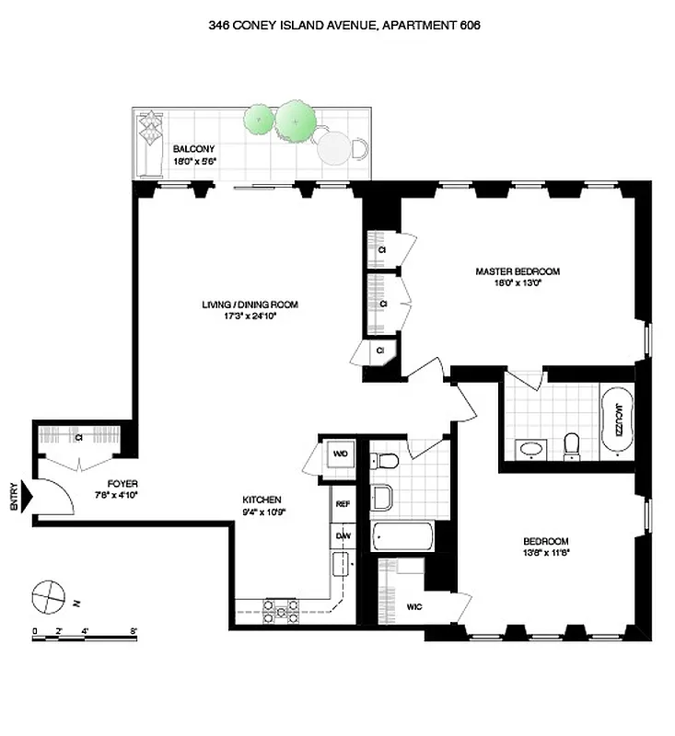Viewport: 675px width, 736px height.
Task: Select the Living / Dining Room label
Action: pyautogui.click(x=250, y=305)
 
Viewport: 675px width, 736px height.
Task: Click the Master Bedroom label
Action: pyautogui.click(x=517, y=271)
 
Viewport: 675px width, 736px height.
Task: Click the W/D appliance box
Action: pyautogui.click(x=338, y=454)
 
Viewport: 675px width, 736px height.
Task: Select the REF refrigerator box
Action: pyautogui.click(x=343, y=504)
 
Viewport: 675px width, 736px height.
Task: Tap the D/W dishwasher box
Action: pyautogui.click(x=343, y=535)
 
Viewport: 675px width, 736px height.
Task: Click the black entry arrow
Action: pyautogui.click(x=27, y=499)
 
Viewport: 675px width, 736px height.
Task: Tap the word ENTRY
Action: pyautogui.click(x=13, y=499)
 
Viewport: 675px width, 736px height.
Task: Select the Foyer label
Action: pyautogui.click(x=122, y=483)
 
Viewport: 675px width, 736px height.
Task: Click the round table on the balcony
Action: pyautogui.click(x=333, y=146)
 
